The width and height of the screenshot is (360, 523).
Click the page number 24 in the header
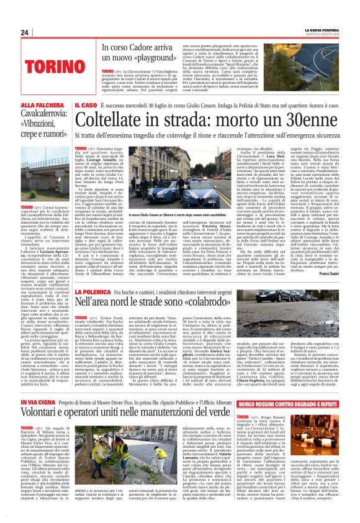click(24, 32)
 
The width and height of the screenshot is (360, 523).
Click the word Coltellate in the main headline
click(116, 124)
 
